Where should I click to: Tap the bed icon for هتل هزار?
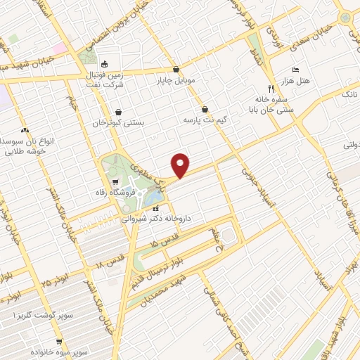pyautogui.click(x=295, y=70)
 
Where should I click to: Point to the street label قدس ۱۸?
pyautogui.click(x=110, y=263)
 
